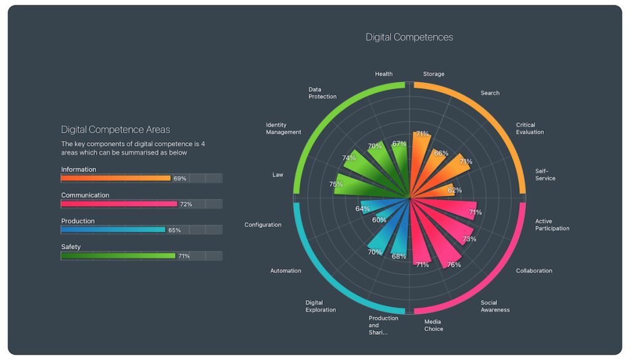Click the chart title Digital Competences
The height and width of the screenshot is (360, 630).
[x=409, y=37]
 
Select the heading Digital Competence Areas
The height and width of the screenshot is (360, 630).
[x=115, y=130]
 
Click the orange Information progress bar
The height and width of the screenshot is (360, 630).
[x=116, y=178]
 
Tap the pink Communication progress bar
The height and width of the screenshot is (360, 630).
[x=119, y=204]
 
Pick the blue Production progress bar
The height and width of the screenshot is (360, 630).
[x=113, y=230]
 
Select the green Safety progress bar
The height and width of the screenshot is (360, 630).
[x=118, y=255]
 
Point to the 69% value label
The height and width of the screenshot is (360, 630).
[x=180, y=178]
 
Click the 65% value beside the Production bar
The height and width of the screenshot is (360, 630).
[x=175, y=230]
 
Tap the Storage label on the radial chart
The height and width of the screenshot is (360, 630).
[x=433, y=74]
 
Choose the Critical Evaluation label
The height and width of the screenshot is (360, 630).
[x=530, y=129]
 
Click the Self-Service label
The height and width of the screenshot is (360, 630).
[x=545, y=175]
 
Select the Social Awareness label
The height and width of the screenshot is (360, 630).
[x=495, y=306]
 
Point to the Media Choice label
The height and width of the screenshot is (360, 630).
[x=433, y=325]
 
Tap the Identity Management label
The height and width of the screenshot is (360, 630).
[x=284, y=129]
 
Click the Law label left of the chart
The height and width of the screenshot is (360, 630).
[x=278, y=175]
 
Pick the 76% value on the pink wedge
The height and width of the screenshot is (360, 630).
[x=454, y=265]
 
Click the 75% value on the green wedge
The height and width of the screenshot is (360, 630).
[x=336, y=184]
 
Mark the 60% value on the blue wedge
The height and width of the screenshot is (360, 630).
[x=379, y=220]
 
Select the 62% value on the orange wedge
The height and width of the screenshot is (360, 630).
[x=455, y=190]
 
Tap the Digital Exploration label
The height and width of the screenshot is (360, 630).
[x=321, y=306]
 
